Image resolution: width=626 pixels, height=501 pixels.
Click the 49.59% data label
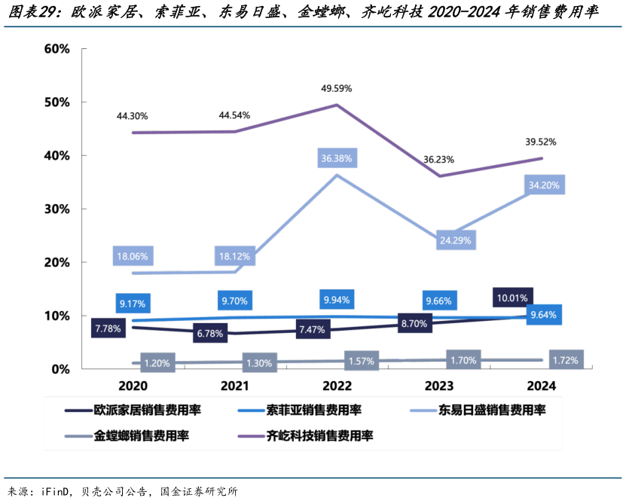336,88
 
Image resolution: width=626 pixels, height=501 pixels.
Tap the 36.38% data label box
336,158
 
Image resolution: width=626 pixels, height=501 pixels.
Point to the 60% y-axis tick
57,49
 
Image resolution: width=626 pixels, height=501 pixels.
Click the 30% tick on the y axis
57,209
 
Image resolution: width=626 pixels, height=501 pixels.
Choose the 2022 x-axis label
336,386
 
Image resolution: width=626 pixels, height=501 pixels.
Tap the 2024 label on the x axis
541,386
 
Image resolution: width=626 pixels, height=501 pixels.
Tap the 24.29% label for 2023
454,241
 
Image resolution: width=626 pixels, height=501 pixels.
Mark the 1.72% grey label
565,360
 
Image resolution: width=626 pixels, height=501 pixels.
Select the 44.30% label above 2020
132,116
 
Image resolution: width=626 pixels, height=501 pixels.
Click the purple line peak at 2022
336,105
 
